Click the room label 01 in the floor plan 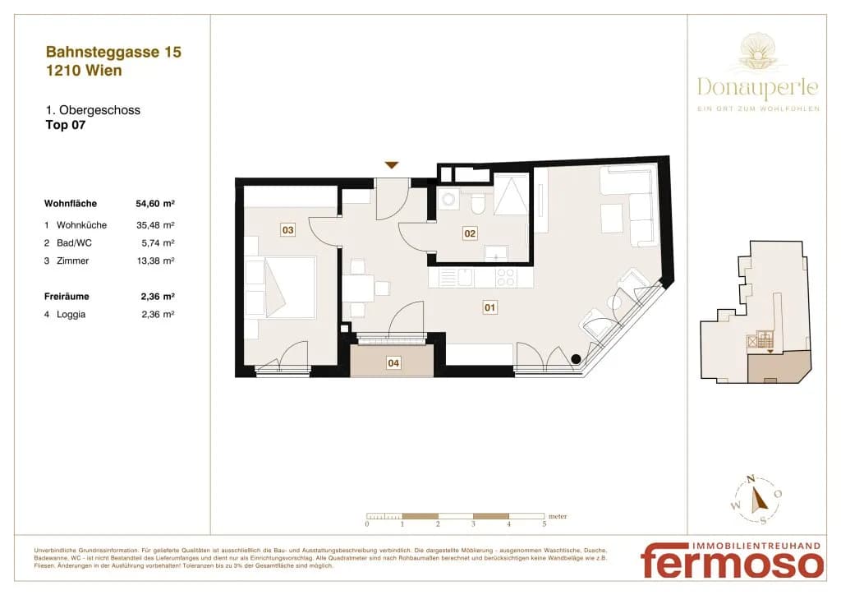[489, 307]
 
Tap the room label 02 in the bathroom [470, 233]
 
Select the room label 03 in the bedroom [288, 230]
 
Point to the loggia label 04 [393, 363]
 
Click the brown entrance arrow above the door [392, 165]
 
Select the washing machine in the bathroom [448, 199]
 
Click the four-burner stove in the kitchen [505, 278]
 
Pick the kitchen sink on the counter [457, 278]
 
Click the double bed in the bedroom [281, 288]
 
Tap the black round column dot [576, 359]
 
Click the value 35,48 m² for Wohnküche [155, 225]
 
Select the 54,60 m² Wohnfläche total [155, 203]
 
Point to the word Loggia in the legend [71, 315]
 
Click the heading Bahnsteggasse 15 [113, 52]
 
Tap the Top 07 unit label [66, 125]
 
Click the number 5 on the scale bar [544, 524]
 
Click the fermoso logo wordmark [732, 562]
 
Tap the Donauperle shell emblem [758, 53]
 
